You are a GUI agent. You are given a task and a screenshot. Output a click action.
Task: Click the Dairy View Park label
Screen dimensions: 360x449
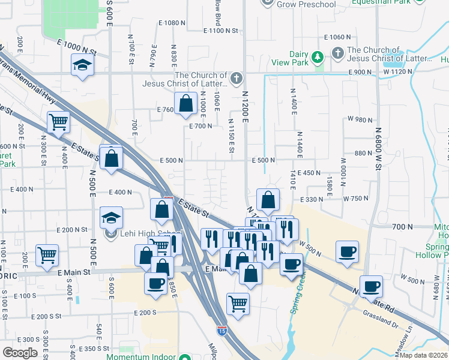[299, 58]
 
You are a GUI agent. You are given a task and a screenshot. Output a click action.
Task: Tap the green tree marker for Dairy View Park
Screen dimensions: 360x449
[319, 57]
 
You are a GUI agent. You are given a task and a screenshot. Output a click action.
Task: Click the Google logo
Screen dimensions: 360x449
[20, 353]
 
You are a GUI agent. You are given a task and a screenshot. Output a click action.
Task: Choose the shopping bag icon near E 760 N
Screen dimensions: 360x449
[186, 103]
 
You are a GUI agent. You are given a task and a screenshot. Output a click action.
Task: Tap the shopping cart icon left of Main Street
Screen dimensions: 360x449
[47, 256]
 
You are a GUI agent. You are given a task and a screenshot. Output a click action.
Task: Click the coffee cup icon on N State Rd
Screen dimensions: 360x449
[371, 286]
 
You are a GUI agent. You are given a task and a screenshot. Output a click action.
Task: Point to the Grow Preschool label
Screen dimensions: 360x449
[306, 4]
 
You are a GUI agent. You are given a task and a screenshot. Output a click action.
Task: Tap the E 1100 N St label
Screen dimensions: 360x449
[221, 30]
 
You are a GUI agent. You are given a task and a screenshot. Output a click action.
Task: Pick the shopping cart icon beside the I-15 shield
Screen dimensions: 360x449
[238, 304]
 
